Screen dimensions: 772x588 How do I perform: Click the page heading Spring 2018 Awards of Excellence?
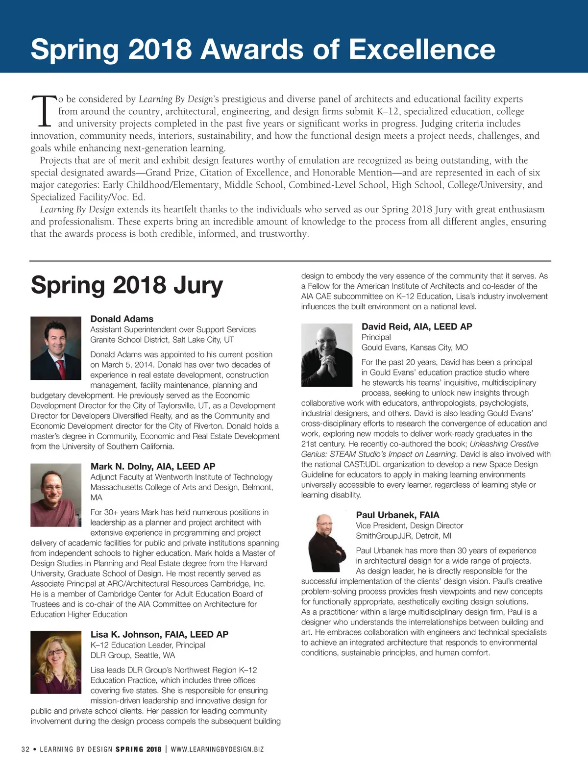click(x=263, y=49)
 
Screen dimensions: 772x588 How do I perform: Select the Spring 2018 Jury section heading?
click(x=127, y=285)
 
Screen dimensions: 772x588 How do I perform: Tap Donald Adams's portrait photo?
click(x=56, y=348)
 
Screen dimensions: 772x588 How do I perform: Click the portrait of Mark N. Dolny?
click(x=56, y=495)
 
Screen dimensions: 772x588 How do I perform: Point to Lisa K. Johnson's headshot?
click(x=56, y=662)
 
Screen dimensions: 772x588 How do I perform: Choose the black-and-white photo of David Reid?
click(x=327, y=354)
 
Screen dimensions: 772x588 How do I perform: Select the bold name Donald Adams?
click(x=122, y=319)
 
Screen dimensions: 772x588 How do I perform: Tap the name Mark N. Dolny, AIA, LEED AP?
click(x=153, y=466)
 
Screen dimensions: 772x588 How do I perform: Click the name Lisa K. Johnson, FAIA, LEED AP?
click(x=159, y=634)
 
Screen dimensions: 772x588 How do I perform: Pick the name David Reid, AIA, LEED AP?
click(x=416, y=326)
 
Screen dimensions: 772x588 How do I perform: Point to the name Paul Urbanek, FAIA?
click(x=397, y=515)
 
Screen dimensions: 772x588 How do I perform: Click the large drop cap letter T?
click(x=44, y=111)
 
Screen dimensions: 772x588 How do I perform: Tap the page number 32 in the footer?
click(x=25, y=749)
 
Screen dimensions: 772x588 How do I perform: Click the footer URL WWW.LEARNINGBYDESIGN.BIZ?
click(x=217, y=749)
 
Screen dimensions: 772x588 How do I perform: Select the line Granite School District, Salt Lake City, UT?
click(x=162, y=340)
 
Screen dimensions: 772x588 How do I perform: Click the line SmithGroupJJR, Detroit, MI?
click(x=403, y=536)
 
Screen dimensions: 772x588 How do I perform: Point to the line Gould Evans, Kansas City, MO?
click(x=415, y=348)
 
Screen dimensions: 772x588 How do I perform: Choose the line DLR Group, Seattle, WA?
click(x=133, y=655)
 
